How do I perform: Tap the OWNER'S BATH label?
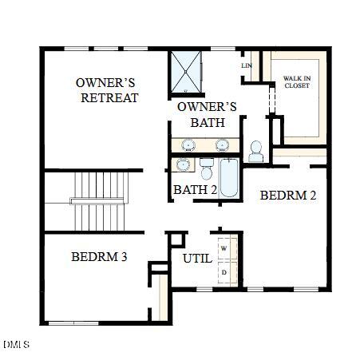[207, 114]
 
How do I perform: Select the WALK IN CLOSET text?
[297, 81]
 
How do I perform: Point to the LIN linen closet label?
[246, 65]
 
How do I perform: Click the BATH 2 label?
[195, 190]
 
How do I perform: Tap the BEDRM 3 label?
[100, 257]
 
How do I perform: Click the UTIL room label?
[197, 259]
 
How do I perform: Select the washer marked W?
[224, 249]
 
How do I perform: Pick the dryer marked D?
[224, 272]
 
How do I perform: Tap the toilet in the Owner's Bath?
[256, 149]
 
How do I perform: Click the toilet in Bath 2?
[207, 169]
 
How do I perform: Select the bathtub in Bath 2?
[228, 177]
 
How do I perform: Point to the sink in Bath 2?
[184, 165]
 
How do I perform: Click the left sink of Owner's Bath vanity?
[189, 144]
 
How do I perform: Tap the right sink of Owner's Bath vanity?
[223, 144]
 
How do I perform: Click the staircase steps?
[100, 200]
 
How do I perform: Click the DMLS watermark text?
[16, 345]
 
